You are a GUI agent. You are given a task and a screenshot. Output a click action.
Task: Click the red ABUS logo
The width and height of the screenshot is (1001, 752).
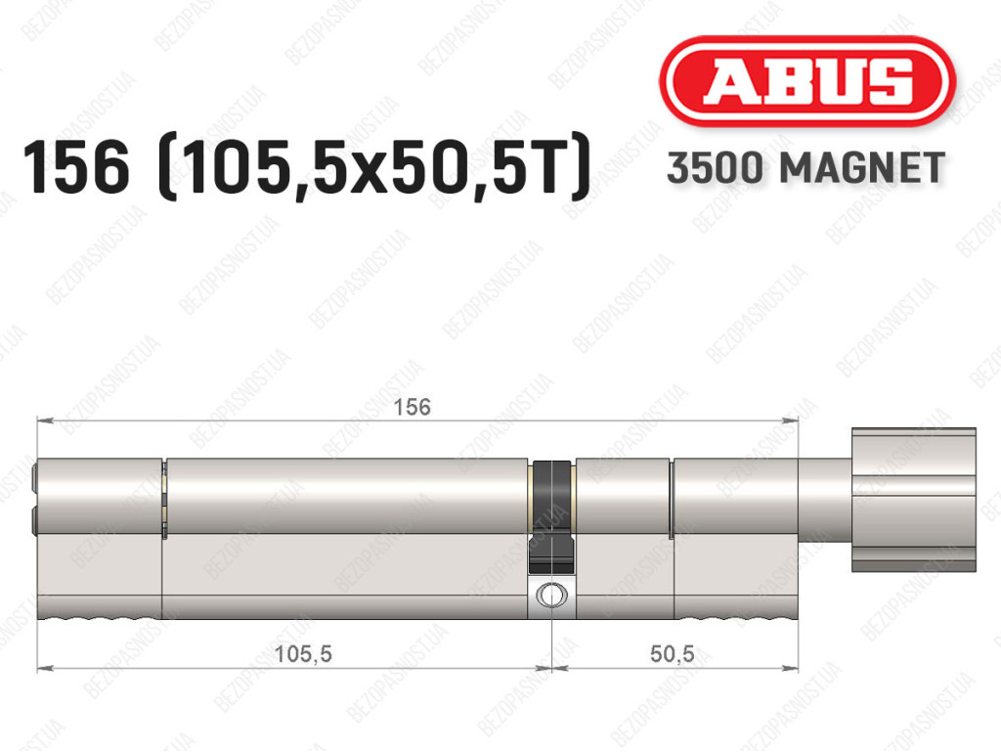(806, 80)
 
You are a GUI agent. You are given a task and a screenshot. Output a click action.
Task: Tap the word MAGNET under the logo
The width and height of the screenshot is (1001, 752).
(862, 168)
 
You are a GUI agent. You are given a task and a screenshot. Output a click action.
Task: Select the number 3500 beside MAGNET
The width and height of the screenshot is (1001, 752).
(715, 168)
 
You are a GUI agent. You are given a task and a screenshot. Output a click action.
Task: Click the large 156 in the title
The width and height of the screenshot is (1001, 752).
(76, 167)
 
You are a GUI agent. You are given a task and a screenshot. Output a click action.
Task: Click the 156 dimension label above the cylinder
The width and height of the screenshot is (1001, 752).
(412, 407)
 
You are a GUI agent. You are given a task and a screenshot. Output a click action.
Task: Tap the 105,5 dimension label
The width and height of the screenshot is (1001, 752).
(303, 653)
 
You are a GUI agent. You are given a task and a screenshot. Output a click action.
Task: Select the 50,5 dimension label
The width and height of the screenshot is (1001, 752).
(673, 653)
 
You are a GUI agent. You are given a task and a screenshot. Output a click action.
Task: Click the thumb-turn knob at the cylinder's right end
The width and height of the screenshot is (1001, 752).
(914, 499)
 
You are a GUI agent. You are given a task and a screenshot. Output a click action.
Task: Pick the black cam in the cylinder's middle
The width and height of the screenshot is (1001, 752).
(551, 515)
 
